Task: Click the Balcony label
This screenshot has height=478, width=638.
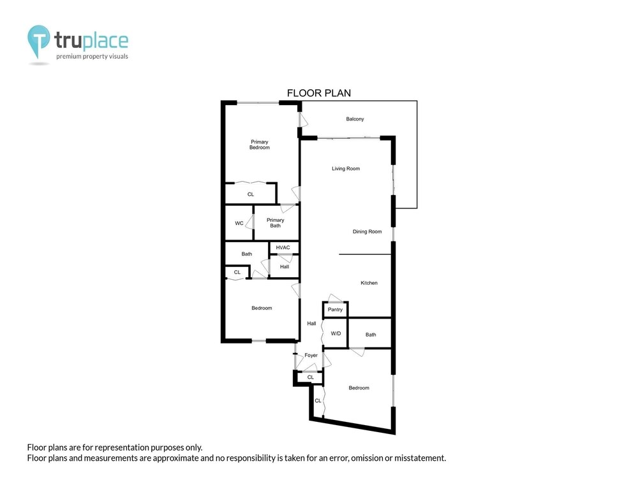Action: [355, 119]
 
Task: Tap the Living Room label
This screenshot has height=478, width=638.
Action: [346, 169]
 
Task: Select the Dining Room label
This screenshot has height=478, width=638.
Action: [367, 232]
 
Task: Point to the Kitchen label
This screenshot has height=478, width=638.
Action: [369, 283]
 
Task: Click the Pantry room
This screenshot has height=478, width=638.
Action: [336, 310]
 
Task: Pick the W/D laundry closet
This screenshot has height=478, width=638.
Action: [336, 333]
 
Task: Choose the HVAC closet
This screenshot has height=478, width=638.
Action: [284, 247]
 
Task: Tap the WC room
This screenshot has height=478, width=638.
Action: [239, 223]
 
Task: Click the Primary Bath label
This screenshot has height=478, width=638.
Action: [276, 222]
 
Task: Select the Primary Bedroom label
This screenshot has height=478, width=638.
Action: [260, 145]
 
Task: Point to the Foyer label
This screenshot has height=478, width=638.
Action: [311, 355]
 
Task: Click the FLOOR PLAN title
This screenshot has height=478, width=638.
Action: [319, 93]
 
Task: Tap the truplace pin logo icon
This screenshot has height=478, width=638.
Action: [39, 41]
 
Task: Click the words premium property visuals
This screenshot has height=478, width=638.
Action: [92, 57]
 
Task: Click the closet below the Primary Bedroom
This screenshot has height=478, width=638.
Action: [251, 194]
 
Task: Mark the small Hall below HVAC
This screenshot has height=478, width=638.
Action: [285, 266]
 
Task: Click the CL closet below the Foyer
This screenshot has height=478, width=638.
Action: [311, 377]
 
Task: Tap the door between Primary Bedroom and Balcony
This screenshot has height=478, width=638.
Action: [302, 120]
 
